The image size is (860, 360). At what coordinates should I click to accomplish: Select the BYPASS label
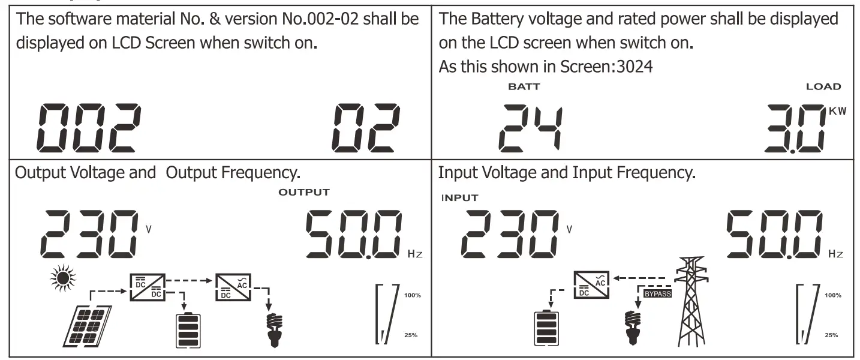coord(657,294)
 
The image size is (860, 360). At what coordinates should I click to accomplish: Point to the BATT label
coord(524,86)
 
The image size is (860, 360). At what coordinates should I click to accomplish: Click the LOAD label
coord(823,86)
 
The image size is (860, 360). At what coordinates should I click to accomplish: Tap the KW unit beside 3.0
coord(837,112)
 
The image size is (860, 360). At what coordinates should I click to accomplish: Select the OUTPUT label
coord(304,192)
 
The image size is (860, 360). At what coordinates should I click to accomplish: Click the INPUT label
coord(460,198)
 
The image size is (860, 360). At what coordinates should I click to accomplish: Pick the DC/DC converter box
coord(147,285)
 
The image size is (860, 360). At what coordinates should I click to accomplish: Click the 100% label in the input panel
coord(832,295)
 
